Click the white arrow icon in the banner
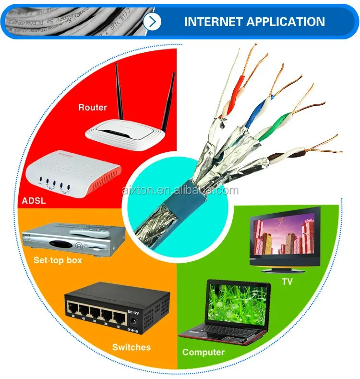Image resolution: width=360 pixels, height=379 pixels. (153, 22)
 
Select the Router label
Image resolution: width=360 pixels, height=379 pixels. (93, 107)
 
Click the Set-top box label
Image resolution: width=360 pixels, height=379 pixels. (58, 260)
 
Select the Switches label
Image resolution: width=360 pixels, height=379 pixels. (131, 347)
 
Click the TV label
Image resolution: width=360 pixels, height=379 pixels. (287, 281)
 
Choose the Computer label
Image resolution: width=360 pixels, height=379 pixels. (203, 352)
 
